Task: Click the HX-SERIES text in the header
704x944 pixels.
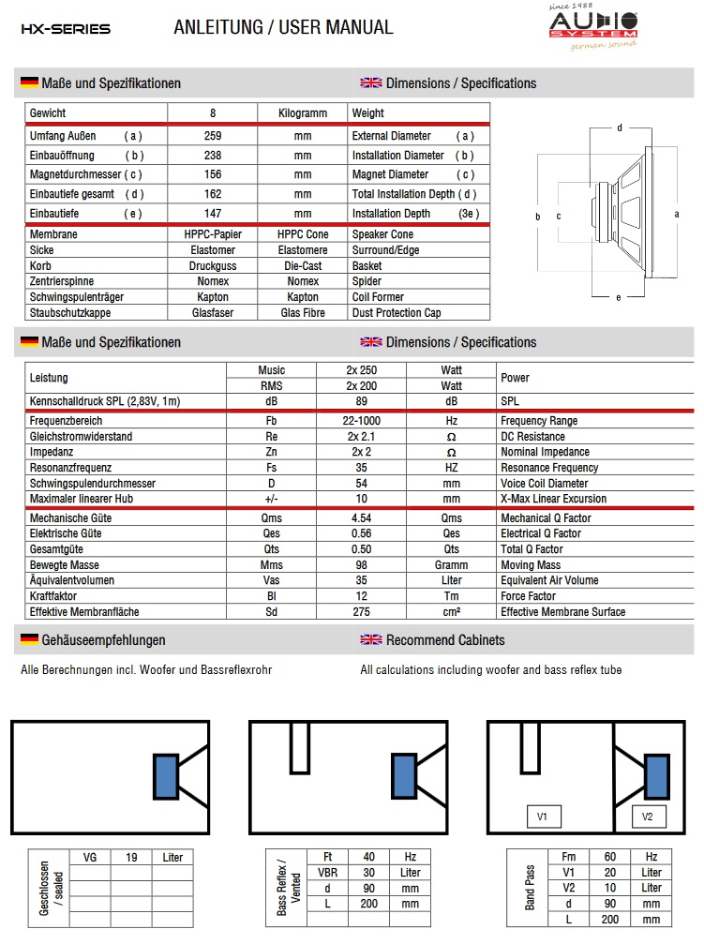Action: [x=66, y=29]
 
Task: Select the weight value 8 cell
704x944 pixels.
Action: [x=213, y=113]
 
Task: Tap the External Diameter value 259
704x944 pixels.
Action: [x=213, y=136]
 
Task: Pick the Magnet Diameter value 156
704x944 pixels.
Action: [x=213, y=174]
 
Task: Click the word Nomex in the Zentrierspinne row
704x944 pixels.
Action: [x=212, y=281]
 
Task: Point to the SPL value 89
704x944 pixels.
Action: [x=362, y=401]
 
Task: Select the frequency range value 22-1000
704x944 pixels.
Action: [x=362, y=421]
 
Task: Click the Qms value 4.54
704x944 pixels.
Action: [x=362, y=517]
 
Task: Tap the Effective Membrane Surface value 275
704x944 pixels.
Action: [x=362, y=612]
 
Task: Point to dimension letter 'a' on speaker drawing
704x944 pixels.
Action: [x=677, y=214]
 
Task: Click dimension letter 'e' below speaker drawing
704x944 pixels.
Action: [x=618, y=298]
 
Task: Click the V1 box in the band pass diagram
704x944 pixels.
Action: [x=542, y=817]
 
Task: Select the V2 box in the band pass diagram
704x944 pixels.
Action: [x=647, y=817]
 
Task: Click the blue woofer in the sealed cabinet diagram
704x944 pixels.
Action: [x=166, y=777]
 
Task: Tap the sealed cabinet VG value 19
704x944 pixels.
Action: [x=132, y=857]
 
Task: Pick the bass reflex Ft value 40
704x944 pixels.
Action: [x=368, y=857]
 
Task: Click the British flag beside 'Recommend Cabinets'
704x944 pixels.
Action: [x=371, y=640]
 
